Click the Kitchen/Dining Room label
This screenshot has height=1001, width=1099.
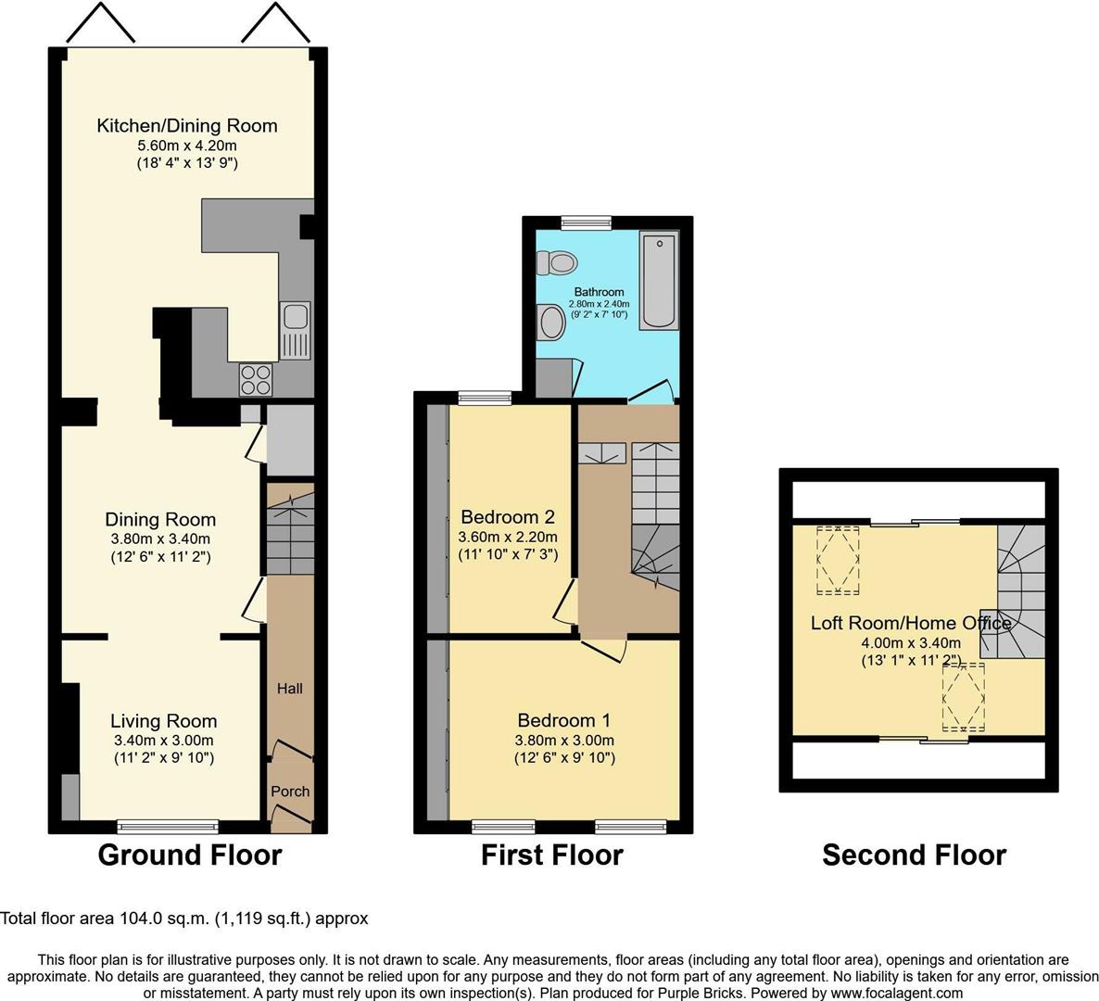coord(187,125)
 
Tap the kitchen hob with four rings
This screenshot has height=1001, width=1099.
coord(256,380)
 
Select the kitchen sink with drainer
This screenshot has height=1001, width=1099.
coord(295,330)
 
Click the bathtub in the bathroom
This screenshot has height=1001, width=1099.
coord(660,280)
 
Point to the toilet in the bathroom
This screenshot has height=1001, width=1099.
coord(557,263)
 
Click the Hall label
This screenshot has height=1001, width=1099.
coord(289,689)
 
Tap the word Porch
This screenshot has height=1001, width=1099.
coord(290,791)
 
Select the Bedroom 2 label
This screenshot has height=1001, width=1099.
coord(508,517)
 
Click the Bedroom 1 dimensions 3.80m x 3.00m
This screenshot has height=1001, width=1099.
coord(564,741)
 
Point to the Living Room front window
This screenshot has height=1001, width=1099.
coord(169,827)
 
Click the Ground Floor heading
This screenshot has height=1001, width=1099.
coord(190,855)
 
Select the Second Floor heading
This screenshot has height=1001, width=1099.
coord(914,855)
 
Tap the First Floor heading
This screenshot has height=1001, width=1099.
coord(552,855)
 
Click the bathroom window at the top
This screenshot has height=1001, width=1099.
coord(587,222)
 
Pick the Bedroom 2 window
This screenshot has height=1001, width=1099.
coord(485,398)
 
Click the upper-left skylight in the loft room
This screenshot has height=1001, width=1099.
coord(838,560)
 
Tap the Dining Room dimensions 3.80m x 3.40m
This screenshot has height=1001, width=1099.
coord(160,539)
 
